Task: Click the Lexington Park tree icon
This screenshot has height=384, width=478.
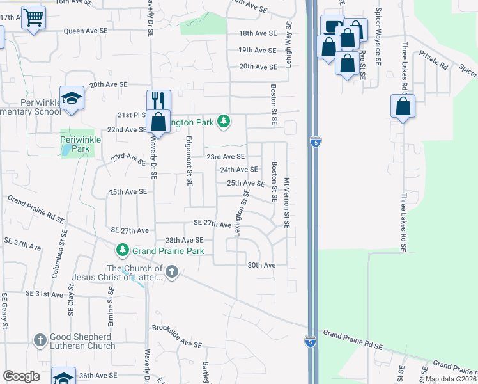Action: [223, 121]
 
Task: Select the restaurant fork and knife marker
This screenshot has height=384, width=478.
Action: [158, 101]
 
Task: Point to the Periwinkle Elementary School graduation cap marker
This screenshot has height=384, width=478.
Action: [72, 98]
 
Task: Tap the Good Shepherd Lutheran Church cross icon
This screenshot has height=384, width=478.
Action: [40, 340]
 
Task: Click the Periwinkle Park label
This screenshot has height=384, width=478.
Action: [77, 144]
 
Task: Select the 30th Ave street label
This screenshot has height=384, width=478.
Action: [261, 265]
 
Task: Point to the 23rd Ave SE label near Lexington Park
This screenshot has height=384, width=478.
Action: [225, 156]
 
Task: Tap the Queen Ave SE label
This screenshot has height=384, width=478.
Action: [83, 31]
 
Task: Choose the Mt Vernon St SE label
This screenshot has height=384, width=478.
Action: [287, 203]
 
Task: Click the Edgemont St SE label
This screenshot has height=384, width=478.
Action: [189, 161]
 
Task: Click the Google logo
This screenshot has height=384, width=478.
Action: [21, 376]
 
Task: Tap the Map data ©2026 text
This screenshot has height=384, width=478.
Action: [450, 379]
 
